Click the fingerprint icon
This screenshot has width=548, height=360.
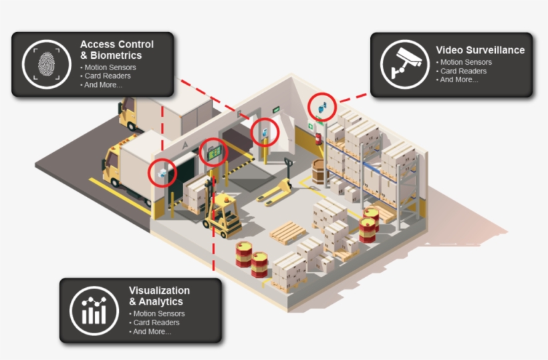(x=46, y=64)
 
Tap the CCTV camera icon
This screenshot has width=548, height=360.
(x=404, y=64)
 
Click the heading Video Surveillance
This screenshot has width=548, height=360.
(x=480, y=50)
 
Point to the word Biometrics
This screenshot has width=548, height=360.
(x=115, y=55)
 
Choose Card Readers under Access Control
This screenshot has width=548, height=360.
(x=108, y=76)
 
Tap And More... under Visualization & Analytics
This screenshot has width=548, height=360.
(x=152, y=332)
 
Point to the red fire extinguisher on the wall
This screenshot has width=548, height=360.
(x=318, y=138)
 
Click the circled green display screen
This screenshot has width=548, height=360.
(x=215, y=153)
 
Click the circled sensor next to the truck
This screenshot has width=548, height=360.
(x=163, y=173)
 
